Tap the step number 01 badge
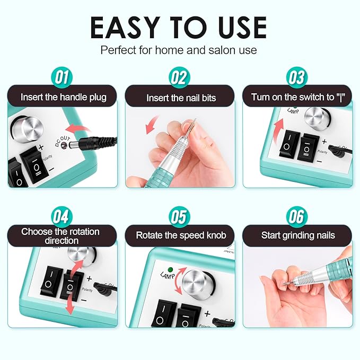[63, 78]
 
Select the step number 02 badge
[180, 78]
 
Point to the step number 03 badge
[297, 78]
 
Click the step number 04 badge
[63, 217]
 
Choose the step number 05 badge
[180, 217]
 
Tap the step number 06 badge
[297, 217]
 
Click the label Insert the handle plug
[63, 97]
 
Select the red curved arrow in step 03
[281, 124]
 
